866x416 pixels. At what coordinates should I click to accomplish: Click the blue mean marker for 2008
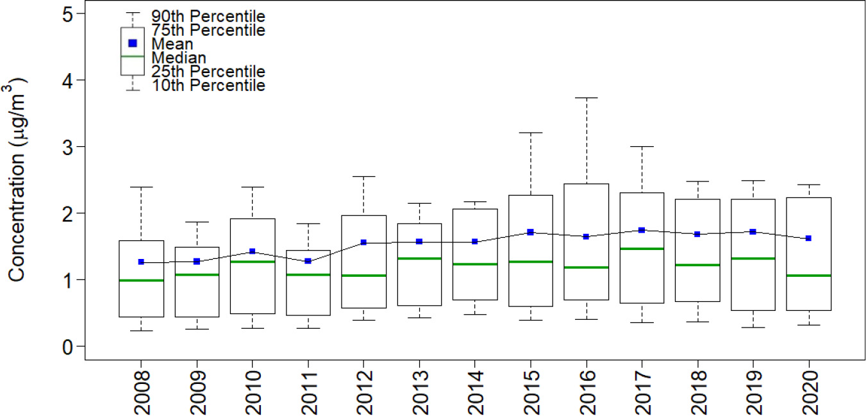[140, 262]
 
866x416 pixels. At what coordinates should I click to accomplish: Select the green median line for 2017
[641, 248]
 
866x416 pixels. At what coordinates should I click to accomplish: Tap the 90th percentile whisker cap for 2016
[585, 98]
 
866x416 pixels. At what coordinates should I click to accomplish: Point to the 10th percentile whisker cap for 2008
[140, 331]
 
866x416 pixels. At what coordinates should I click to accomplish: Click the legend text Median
[179, 58]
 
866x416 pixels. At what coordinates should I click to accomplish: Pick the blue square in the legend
[133, 44]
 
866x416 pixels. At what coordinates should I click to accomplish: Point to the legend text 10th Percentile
[208, 85]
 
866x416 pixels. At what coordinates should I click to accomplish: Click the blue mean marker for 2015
[530, 232]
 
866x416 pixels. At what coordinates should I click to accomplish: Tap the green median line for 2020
[808, 275]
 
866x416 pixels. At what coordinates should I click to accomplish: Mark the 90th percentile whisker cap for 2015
[530, 133]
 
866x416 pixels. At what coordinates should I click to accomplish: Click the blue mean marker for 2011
[308, 261]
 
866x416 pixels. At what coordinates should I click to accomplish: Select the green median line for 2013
[419, 258]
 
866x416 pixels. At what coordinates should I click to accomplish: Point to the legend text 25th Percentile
[208, 71]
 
